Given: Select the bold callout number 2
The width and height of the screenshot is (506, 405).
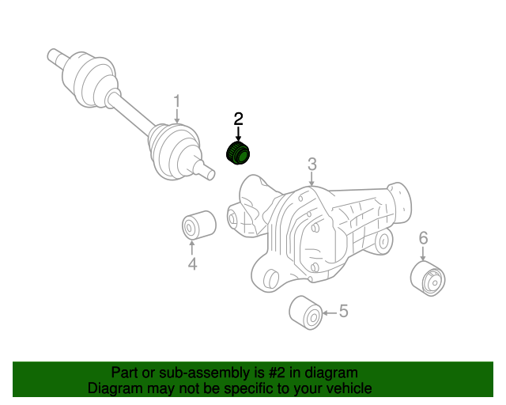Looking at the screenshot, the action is click(238, 119).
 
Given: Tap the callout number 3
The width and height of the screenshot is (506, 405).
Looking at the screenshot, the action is click(312, 164).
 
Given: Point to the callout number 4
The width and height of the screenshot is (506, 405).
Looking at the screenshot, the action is click(192, 264).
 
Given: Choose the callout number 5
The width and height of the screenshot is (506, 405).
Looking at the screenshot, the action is click(344, 311).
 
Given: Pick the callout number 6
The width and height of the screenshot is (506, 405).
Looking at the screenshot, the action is click(423, 238).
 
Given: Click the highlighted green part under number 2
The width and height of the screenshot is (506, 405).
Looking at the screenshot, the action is click(238, 153).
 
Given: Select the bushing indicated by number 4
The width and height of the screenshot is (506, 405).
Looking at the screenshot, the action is click(199, 225).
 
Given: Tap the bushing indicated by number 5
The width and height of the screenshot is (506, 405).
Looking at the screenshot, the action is click(306, 312).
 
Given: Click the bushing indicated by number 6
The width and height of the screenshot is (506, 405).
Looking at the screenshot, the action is click(428, 278).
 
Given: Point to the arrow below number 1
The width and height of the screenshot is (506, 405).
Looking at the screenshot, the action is click(177, 116).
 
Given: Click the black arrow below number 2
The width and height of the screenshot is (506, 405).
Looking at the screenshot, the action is click(238, 134).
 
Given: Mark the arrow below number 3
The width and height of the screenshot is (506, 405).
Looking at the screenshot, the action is click(312, 179).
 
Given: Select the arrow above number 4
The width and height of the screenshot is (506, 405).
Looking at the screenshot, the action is click(192, 248).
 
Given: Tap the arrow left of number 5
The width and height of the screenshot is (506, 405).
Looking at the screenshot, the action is click(330, 312).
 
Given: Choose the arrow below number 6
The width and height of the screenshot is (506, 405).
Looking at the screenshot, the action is click(423, 253).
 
